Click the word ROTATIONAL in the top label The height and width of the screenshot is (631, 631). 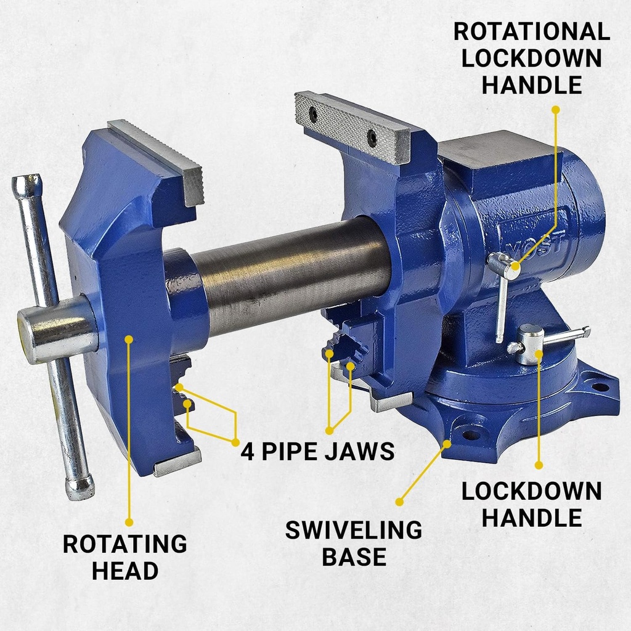531,31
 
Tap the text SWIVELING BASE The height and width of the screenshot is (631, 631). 354,543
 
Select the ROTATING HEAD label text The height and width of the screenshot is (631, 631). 125,557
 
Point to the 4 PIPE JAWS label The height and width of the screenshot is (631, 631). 317,451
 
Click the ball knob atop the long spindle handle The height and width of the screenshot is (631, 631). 26,184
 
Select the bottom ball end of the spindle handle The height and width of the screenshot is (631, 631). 80,487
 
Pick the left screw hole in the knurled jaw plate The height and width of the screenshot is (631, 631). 313,115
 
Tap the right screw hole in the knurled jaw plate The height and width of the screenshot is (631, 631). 372,138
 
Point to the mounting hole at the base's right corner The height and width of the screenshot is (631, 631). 600,387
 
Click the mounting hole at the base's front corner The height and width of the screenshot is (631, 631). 471,434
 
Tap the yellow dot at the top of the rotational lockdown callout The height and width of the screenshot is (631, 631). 555,110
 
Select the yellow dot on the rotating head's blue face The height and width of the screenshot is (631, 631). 129,339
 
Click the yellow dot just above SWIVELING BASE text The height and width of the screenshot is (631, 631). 399,502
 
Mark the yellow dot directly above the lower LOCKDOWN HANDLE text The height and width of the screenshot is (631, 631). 539,465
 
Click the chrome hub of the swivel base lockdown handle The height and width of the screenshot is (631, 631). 530,345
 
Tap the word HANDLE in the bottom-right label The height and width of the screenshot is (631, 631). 531,518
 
